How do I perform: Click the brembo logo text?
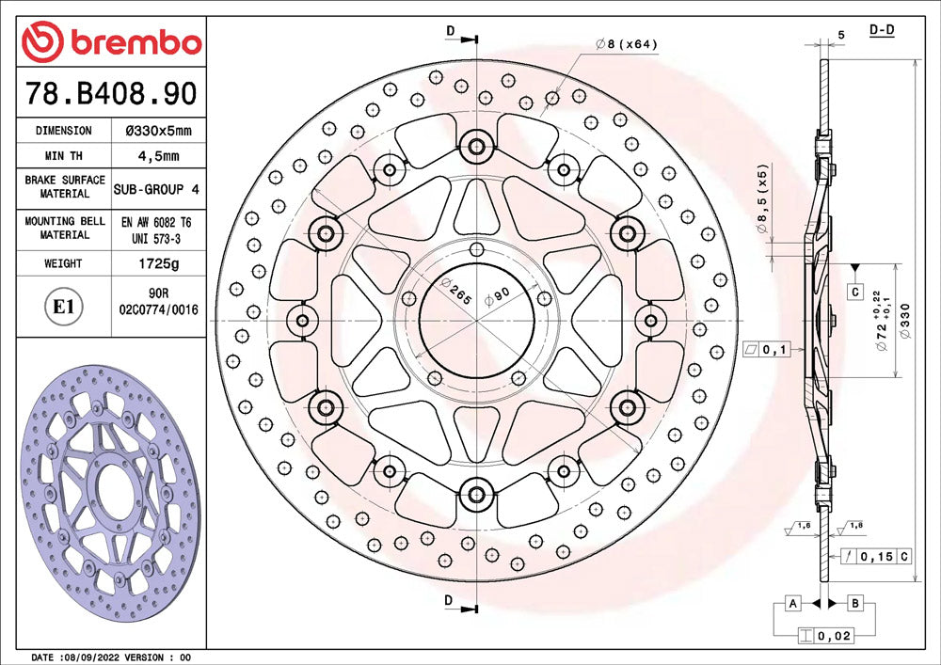(x=136, y=42)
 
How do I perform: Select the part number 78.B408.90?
(x=111, y=93)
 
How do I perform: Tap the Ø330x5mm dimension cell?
(x=158, y=131)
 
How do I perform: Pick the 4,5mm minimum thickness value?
(x=158, y=156)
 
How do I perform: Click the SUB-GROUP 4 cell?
(x=156, y=189)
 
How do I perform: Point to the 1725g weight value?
(x=158, y=263)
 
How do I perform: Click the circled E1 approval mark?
(x=63, y=307)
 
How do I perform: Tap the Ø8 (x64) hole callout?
(x=627, y=44)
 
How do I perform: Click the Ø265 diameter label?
(x=455, y=291)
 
